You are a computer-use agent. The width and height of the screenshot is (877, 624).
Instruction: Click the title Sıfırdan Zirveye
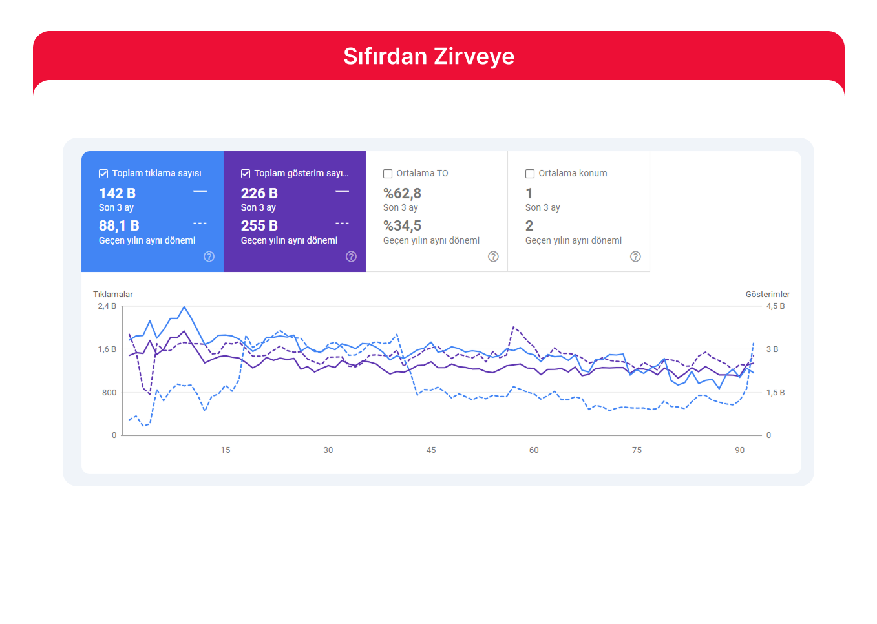428,57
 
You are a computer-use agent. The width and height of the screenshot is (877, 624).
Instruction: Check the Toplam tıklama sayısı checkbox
103,174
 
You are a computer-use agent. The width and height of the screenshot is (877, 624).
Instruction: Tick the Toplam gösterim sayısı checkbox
246,174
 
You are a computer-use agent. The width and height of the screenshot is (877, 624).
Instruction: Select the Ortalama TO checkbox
388,174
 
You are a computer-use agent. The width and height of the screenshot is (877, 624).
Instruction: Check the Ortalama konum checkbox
530,174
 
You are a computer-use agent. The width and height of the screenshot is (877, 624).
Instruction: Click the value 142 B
117,194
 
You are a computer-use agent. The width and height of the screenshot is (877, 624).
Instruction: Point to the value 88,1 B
119,226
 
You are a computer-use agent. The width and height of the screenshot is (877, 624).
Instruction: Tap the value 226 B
259,194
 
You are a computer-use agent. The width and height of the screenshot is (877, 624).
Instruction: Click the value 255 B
259,226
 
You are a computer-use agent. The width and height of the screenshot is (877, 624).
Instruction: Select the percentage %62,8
402,194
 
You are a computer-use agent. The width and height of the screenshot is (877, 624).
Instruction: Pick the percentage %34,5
402,226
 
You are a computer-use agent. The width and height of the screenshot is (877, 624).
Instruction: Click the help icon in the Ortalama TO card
493,256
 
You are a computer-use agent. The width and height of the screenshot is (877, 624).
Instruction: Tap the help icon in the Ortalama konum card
635,256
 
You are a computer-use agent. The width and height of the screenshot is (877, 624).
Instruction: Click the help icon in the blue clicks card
209,256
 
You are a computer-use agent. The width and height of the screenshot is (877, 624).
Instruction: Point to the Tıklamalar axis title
113,295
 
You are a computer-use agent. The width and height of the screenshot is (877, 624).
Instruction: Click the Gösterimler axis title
767,295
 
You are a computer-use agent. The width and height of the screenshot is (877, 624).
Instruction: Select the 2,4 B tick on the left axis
107,306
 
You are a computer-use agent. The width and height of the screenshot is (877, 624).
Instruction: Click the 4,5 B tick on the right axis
776,306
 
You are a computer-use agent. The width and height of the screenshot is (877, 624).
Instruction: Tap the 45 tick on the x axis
431,450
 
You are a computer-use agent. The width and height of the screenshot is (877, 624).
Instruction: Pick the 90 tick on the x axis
739,450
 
